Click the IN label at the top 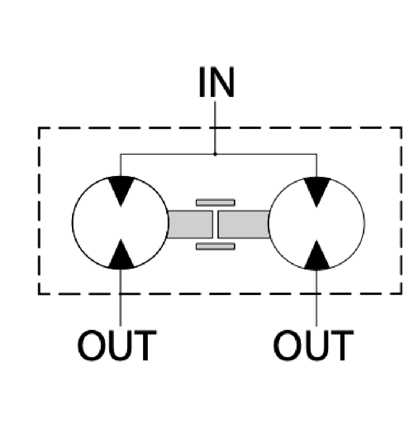click(216, 83)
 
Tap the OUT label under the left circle click(116, 346)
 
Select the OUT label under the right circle click(313, 346)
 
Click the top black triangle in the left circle click(121, 189)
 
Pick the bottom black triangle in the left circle click(121, 256)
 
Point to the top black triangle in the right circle click(317, 190)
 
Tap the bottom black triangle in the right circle click(317, 257)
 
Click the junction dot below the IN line click(215, 154)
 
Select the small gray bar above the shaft click(215, 203)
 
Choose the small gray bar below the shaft click(215, 246)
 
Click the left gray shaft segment click(190, 224)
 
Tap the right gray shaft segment click(243, 224)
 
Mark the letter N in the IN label click(222, 83)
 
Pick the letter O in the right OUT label click(287, 346)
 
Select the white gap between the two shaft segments click(215, 224)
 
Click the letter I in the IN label click(202, 83)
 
